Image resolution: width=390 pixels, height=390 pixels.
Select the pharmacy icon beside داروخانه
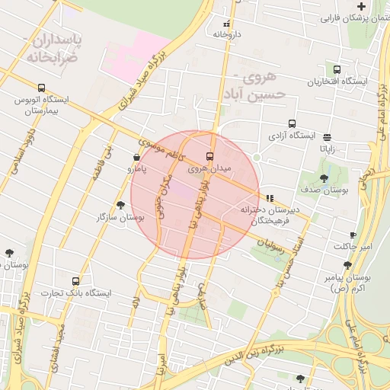(225, 23)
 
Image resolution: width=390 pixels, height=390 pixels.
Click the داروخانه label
(226, 34)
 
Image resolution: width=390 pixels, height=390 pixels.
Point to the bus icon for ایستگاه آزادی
(292, 124)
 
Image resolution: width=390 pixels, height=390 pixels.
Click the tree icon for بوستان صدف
(324, 179)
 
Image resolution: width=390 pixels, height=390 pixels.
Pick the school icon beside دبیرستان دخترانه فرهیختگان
(270, 198)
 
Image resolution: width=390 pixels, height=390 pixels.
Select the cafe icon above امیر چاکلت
(352, 235)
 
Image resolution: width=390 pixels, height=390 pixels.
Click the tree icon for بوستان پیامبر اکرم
(347, 265)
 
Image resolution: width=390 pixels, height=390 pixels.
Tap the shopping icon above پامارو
(136, 158)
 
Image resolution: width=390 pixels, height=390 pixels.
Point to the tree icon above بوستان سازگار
(120, 205)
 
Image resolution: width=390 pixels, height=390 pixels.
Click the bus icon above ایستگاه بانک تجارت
(75, 281)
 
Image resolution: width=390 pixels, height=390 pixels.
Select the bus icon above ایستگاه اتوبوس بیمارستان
(41, 88)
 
